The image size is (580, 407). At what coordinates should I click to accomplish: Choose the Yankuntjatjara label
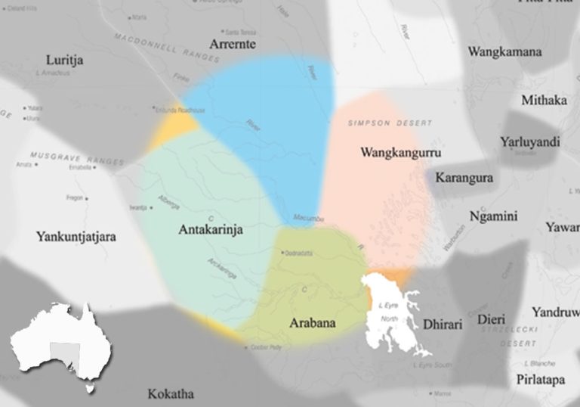coord(76,237)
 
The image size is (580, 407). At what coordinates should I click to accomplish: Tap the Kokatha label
coord(171,394)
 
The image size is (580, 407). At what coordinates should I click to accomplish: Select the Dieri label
coord(491,320)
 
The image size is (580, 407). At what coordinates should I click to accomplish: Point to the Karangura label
coord(468,179)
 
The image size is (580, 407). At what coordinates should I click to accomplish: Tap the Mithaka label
coord(544,101)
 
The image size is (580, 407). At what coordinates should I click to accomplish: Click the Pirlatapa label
coord(541,380)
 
